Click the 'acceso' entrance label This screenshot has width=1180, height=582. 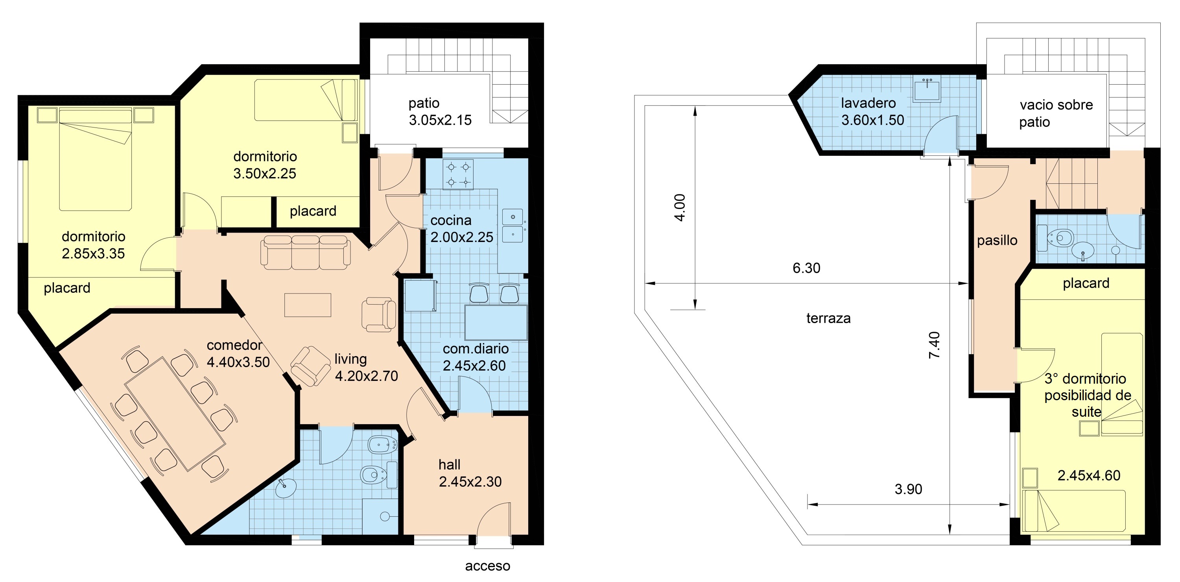tap(487, 566)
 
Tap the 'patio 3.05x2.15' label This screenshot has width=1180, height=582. tap(440, 111)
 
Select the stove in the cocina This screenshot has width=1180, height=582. tap(458, 174)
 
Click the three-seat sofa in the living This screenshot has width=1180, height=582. tap(306, 252)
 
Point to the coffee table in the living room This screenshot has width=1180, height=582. tap(307, 305)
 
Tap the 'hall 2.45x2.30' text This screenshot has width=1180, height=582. tap(470, 473)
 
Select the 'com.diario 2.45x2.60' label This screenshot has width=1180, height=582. tap(475, 357)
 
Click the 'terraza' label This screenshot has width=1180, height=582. tap(828, 318)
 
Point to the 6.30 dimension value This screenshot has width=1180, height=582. tap(806, 268)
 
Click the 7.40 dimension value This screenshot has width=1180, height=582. tap(934, 345)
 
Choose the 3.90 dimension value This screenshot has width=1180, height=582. tap(908, 489)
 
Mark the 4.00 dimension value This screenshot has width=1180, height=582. tap(680, 208)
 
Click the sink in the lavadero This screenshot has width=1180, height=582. tap(927, 90)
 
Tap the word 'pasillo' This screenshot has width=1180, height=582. tap(997, 240)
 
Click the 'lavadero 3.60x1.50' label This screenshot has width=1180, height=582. tap(872, 111)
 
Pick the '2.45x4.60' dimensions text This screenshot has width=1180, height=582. tap(1089, 475)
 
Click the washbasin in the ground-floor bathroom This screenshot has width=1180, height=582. tap(286, 488)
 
